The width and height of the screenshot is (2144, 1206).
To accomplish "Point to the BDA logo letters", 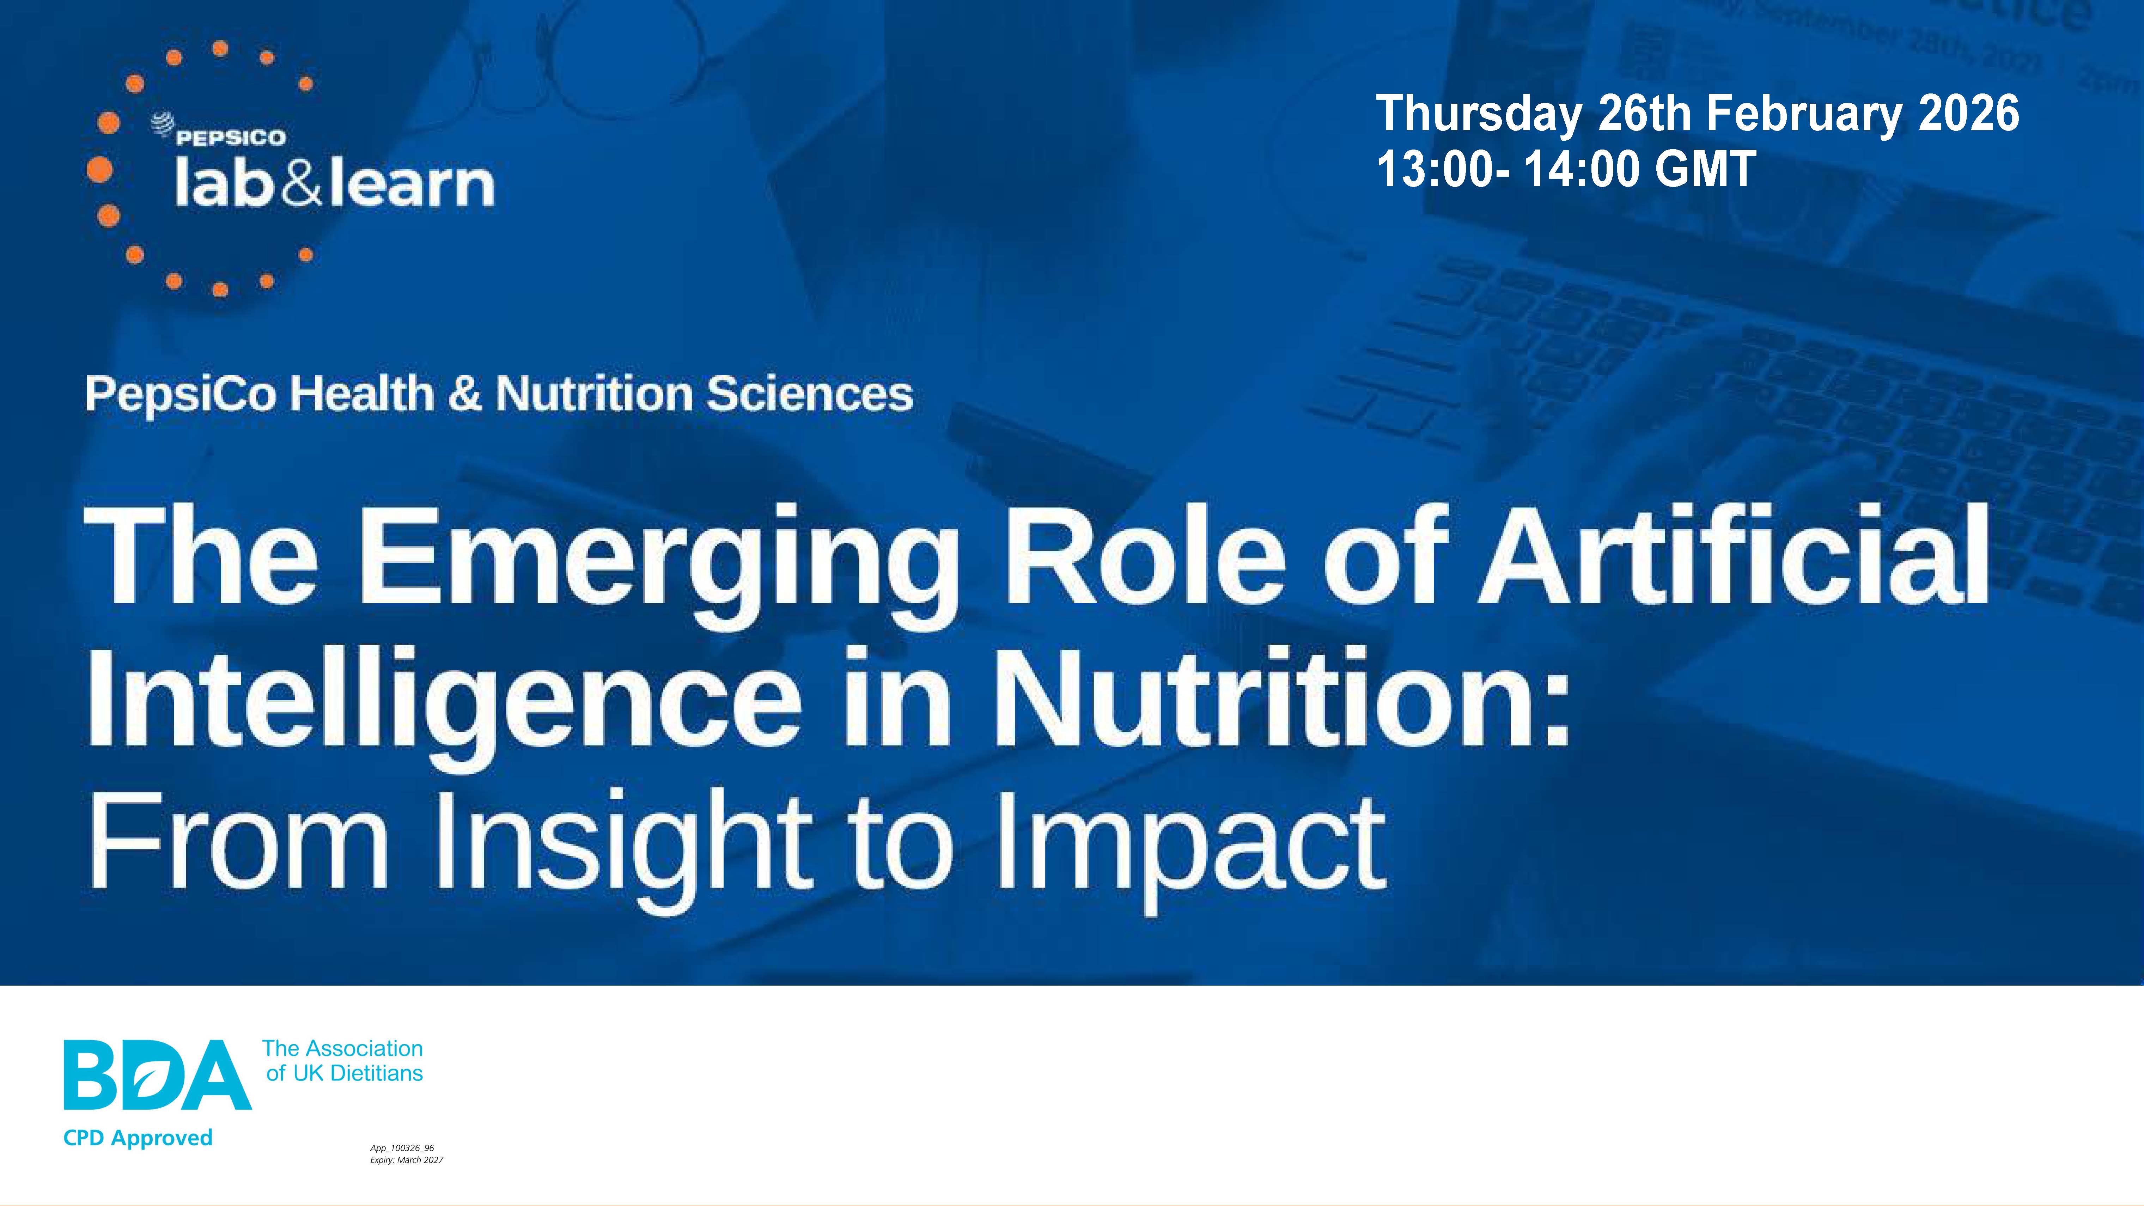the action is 158,1074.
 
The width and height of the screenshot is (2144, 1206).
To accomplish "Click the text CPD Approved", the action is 138,1138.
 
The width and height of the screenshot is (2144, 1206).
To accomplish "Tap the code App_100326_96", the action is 402,1148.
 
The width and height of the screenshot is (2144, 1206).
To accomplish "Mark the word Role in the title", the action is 1147,555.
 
